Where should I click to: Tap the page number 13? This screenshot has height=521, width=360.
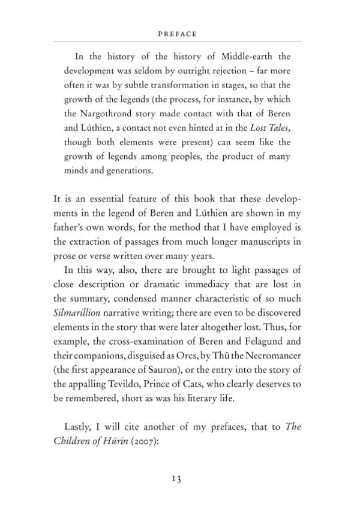pyautogui.click(x=175, y=478)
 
